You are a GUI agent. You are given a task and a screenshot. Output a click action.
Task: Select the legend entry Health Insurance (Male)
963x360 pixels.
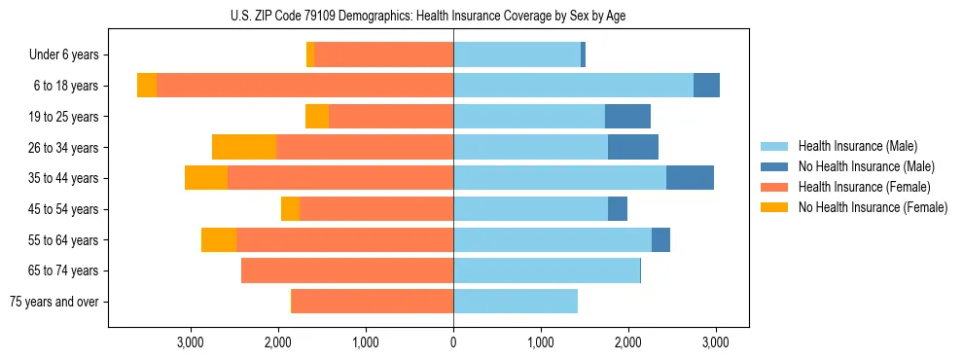click(x=857, y=146)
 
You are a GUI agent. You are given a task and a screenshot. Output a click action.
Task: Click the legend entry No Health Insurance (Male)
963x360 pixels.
click(x=865, y=166)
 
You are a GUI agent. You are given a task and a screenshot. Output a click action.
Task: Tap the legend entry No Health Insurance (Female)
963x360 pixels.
click(x=872, y=207)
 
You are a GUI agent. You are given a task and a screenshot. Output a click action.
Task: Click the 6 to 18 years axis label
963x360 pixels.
click(x=65, y=86)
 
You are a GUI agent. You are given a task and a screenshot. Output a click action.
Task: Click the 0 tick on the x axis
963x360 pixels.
click(x=453, y=342)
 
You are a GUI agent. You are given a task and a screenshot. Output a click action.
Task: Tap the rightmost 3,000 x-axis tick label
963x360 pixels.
click(x=716, y=342)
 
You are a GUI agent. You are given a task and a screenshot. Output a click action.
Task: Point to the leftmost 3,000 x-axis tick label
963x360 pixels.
click(x=191, y=342)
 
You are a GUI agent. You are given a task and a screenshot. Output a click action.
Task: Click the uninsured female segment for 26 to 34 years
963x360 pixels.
click(x=244, y=147)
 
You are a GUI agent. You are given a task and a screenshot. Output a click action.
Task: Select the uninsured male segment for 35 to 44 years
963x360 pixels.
click(x=690, y=178)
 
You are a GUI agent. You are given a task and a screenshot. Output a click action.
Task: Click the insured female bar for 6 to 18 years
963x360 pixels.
click(x=304, y=86)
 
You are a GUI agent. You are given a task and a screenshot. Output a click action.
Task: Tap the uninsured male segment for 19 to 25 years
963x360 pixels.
click(x=627, y=117)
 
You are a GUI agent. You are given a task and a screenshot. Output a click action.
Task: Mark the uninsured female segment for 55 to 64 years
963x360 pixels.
click(x=219, y=239)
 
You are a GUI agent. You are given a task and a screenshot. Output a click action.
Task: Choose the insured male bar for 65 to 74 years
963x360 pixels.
click(x=547, y=270)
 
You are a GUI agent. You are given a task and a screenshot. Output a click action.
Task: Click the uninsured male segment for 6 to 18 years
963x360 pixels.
click(x=706, y=86)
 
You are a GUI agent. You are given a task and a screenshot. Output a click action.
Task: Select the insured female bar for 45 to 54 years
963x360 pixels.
click(x=376, y=209)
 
